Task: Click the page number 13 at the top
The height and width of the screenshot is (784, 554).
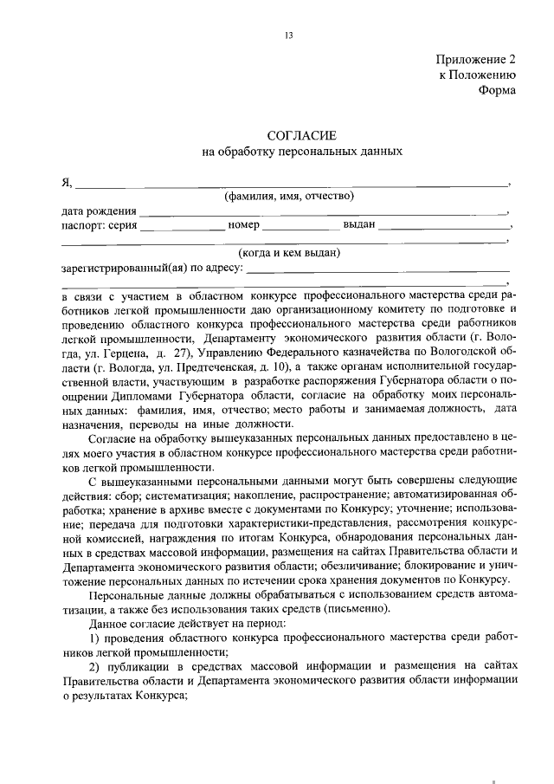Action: point(288,36)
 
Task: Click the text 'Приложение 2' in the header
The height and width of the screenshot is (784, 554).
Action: point(475,61)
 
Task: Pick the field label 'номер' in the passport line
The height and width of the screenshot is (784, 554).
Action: point(244,225)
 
